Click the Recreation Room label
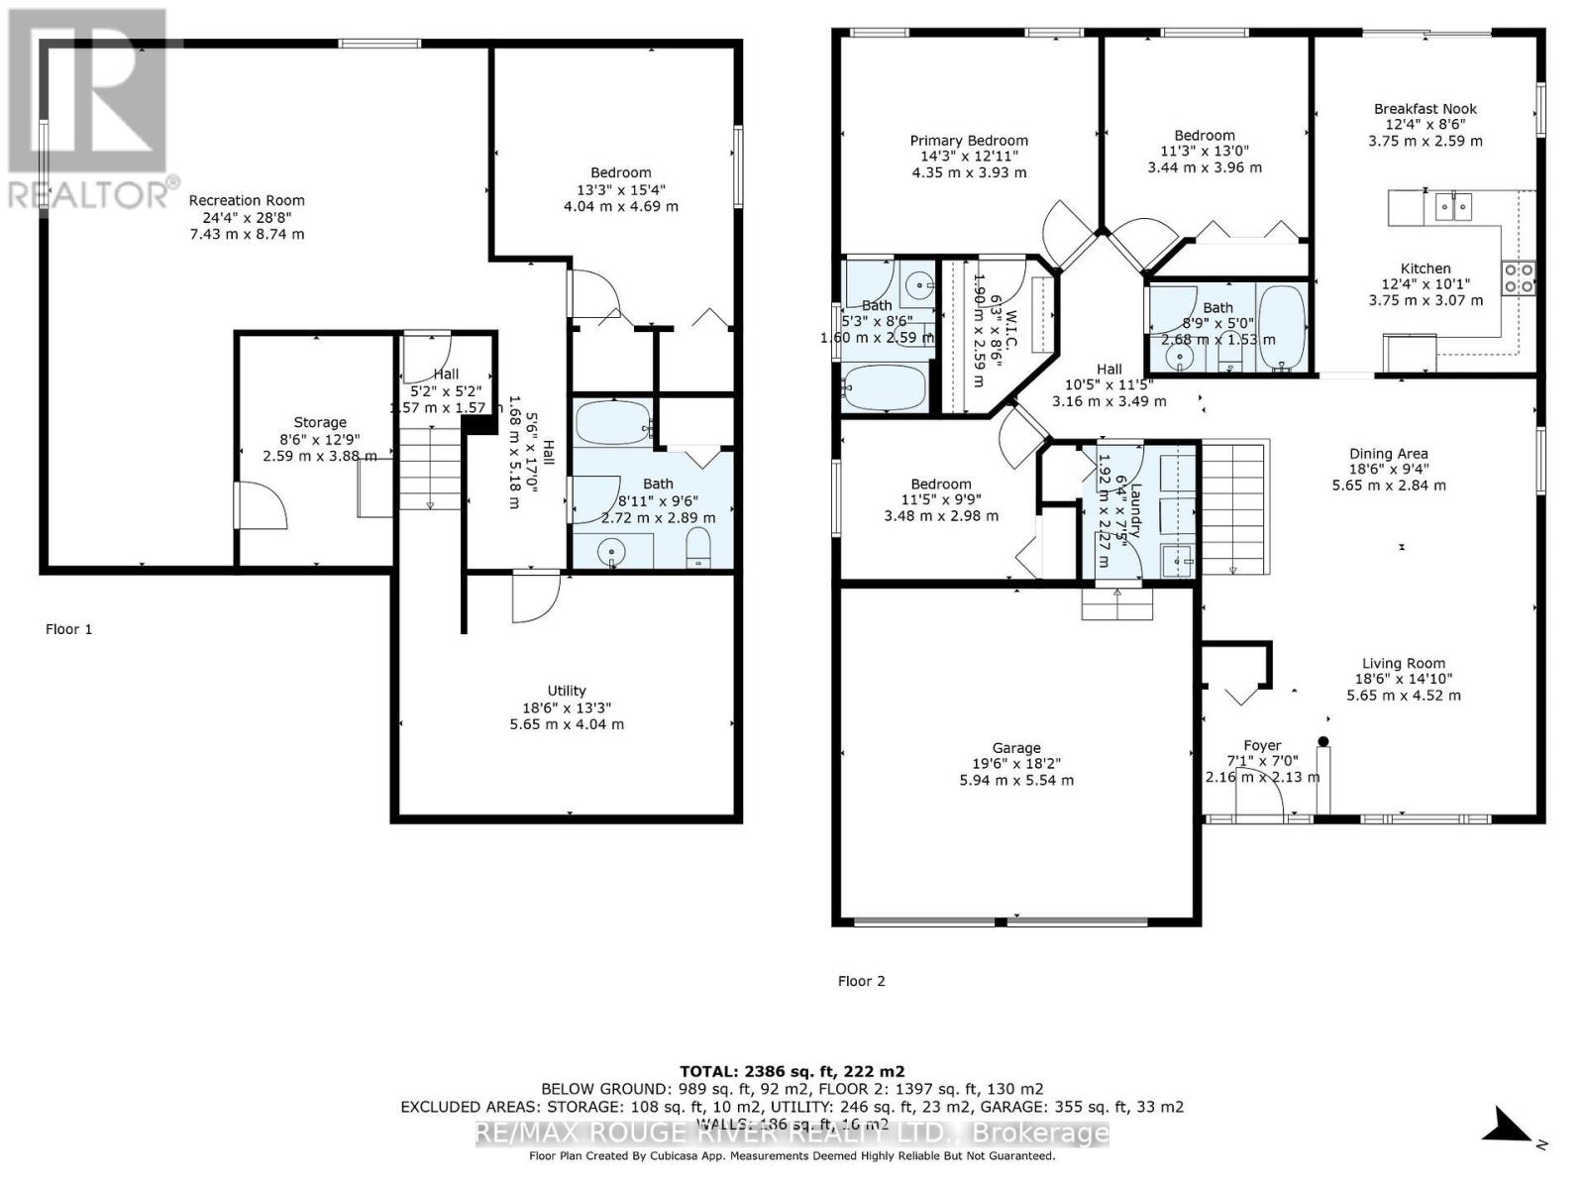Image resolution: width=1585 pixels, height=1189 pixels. [x=247, y=200]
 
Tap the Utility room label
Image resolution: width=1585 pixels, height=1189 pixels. [x=567, y=691]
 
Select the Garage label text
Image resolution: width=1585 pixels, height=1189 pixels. [x=1016, y=748]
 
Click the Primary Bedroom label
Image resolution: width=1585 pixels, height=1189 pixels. [x=969, y=141]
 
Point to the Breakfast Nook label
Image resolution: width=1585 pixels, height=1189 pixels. [x=1425, y=109]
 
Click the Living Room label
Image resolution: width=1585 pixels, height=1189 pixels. [x=1403, y=664]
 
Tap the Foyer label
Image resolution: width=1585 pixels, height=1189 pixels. [x=1262, y=745]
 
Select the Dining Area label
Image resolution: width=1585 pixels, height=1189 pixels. [x=1388, y=454]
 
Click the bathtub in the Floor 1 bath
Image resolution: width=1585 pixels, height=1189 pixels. [x=612, y=423]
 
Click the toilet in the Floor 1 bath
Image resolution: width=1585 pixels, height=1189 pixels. [x=698, y=548]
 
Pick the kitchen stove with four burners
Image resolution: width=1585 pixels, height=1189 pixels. [x=1519, y=277]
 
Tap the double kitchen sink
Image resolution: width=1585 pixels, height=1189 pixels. [x=1453, y=207]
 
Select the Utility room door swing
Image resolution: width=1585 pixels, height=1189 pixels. [x=534, y=597]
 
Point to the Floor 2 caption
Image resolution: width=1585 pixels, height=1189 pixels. [x=861, y=981]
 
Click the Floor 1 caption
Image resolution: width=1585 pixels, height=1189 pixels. [x=68, y=629]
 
